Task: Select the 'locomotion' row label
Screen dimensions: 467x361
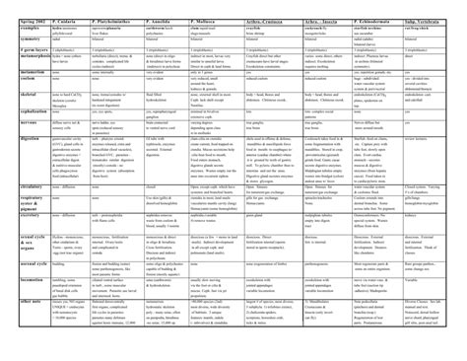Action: click(x=18, y=296)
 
